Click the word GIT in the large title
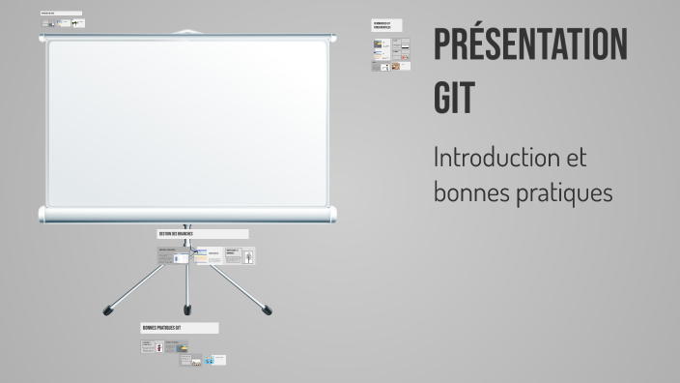(455, 97)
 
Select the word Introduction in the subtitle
(495, 157)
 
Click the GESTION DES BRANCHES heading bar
(202, 234)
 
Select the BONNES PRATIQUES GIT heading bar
(179, 329)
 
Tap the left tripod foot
(107, 309)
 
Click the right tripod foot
(267, 309)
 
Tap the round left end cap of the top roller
(42, 38)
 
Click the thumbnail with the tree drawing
(248, 257)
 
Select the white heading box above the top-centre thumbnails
(385, 25)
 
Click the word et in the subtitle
(573, 157)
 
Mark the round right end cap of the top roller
(334, 38)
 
